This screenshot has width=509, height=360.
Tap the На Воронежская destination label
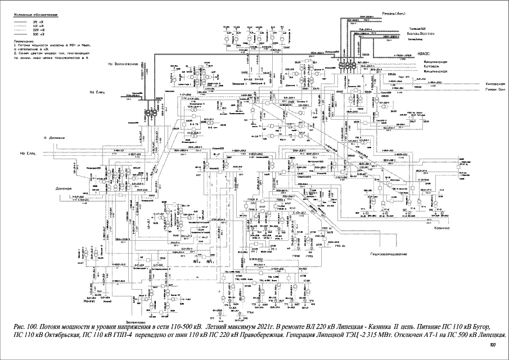pyautogui.click(x=123, y=64)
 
